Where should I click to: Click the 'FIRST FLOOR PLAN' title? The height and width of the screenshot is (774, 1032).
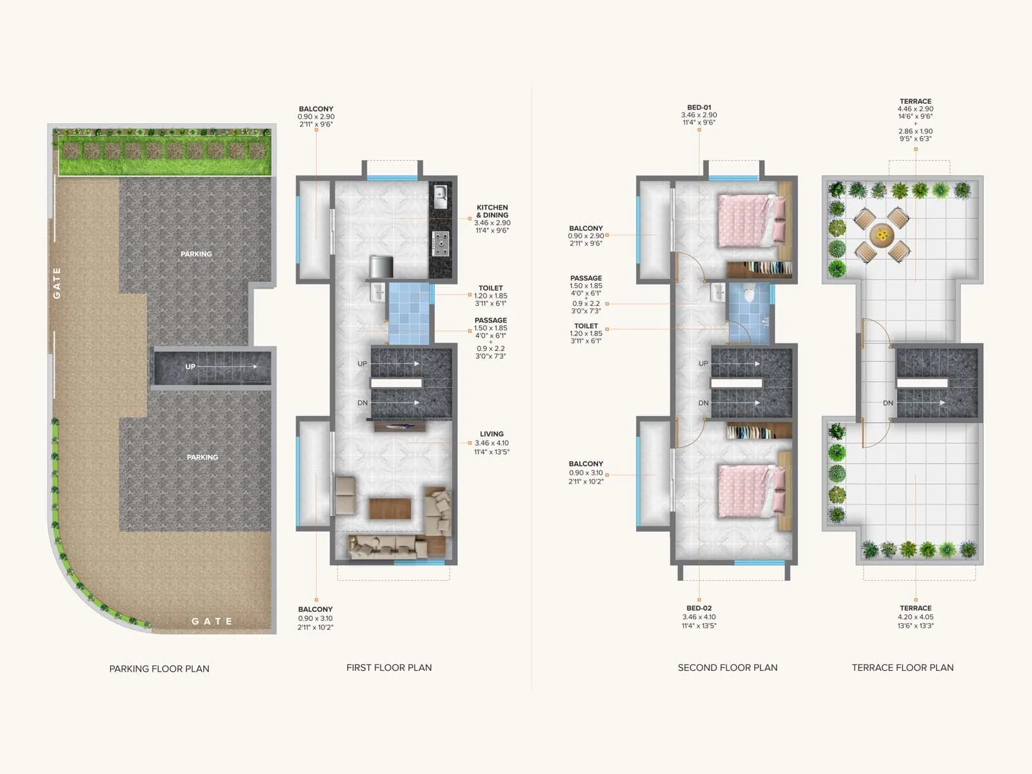tap(389, 668)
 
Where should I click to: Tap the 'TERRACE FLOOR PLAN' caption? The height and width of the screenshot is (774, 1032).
tap(902, 668)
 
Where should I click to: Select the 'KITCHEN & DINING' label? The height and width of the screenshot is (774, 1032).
tap(492, 212)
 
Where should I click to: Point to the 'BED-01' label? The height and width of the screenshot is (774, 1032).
tap(699, 108)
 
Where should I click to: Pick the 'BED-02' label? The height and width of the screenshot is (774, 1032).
tap(699, 608)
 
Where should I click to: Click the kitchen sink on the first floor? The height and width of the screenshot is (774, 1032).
tap(441, 196)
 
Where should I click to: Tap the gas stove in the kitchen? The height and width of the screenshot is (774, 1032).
tap(441, 243)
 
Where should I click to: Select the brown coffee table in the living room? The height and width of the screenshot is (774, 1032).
tap(390, 508)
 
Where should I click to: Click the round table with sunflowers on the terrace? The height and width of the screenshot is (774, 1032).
tap(882, 234)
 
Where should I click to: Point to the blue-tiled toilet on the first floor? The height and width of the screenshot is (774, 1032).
tap(409, 313)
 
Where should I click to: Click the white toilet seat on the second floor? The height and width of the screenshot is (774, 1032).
tap(749, 294)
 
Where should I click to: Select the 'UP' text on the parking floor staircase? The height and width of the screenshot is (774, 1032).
tap(190, 366)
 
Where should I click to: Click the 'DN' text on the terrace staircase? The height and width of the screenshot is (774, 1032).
tap(888, 403)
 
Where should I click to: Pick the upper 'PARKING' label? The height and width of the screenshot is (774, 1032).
tap(196, 254)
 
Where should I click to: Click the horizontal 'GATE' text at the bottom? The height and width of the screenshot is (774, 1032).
tap(212, 621)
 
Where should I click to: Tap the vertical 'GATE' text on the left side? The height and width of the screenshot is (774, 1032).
tap(57, 283)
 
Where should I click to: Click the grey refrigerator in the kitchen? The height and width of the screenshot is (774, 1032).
tap(381, 266)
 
